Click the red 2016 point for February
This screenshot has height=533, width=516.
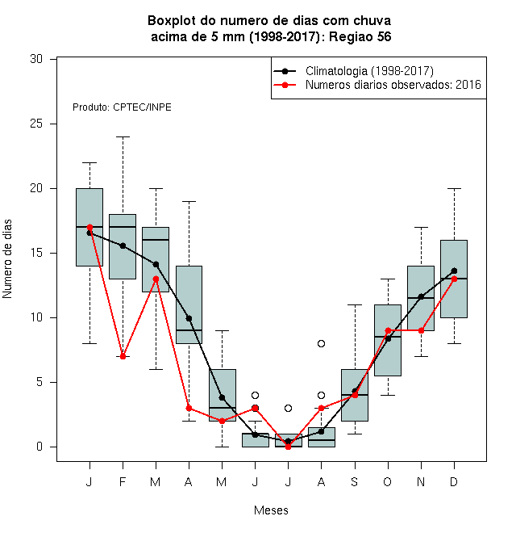point(123,356)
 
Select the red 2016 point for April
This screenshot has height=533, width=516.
point(189,408)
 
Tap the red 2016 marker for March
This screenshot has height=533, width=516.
point(156,279)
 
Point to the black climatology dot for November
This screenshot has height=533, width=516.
point(422,296)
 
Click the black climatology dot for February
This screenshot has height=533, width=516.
point(123,246)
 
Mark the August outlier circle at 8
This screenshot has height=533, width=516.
point(321,343)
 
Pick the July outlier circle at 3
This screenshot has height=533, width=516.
point(288,408)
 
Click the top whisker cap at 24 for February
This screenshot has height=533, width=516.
point(123,136)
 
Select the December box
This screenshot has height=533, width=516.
point(454,279)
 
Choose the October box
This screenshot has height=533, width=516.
point(388,340)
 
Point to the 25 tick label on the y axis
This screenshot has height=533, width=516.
point(36,124)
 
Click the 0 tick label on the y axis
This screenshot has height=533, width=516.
point(40,447)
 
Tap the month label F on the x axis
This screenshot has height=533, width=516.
point(123,481)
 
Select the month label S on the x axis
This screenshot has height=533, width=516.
point(355,481)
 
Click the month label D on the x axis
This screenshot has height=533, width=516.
point(454,481)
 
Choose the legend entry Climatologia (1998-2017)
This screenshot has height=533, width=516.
point(354,71)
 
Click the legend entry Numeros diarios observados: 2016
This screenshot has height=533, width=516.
point(377,85)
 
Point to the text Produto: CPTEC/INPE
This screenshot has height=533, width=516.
point(122,107)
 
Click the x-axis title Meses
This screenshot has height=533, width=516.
point(271,510)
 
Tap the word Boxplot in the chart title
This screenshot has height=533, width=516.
point(172,21)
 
